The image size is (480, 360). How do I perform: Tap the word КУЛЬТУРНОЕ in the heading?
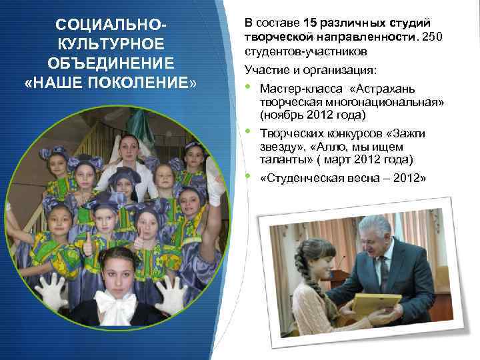pos(111,45)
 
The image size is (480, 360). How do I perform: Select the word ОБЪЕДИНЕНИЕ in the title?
pos(111,65)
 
